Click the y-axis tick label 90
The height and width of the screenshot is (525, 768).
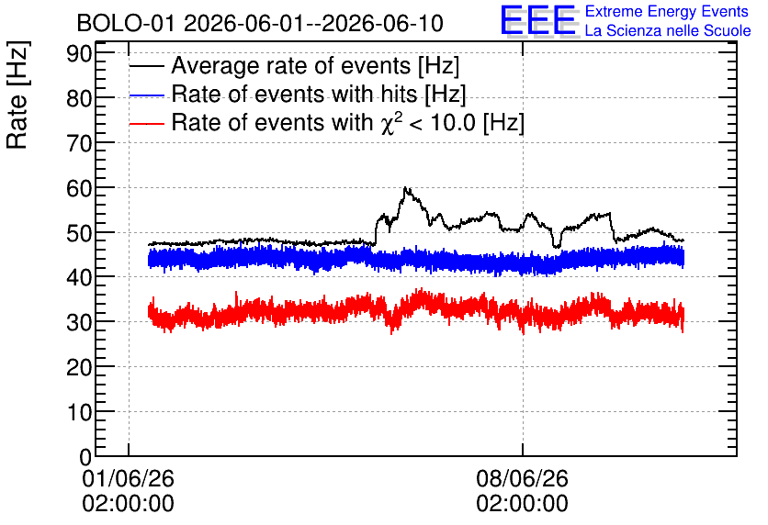79,53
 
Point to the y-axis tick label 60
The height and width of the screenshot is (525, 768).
79,188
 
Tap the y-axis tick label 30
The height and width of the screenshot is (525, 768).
79,322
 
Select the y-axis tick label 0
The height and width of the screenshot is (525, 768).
85,457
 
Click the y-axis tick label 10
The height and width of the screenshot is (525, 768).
79,412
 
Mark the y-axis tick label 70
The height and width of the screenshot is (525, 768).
79,143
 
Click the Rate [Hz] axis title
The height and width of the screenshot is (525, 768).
17,95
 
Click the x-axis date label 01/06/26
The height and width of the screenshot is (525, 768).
128,478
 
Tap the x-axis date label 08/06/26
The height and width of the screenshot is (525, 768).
522,478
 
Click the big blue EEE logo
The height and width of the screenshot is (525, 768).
538,20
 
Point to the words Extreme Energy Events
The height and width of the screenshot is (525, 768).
667,11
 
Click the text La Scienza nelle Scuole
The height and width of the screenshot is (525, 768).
668,30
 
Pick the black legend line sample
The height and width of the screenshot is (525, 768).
146,65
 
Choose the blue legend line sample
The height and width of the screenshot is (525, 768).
146,95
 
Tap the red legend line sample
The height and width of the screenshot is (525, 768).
146,123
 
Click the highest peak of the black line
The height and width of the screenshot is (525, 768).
405,187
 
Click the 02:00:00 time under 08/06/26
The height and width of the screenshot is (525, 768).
522,503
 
